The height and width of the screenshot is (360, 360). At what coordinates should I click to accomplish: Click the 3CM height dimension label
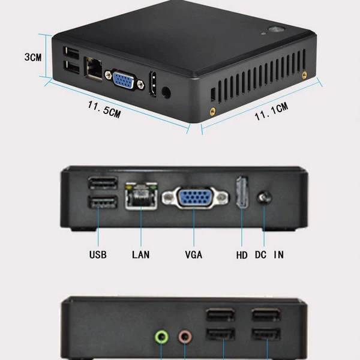point(33,57)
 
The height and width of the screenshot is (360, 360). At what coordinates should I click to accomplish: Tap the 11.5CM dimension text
point(104,110)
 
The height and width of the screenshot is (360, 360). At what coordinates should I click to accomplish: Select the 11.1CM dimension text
point(271,112)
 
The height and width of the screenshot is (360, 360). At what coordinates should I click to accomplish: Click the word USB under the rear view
point(98,254)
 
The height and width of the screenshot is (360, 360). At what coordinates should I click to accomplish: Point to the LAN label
point(141,254)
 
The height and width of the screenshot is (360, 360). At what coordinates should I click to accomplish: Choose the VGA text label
point(194,254)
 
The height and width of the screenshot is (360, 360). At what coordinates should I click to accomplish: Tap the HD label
point(242,255)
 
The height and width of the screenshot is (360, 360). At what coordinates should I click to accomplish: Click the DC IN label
point(269,254)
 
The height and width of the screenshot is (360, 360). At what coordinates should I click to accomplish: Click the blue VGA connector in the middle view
point(195,197)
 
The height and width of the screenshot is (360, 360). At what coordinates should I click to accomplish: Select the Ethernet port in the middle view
point(141,196)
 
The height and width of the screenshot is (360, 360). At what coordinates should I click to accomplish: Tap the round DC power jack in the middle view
point(264,198)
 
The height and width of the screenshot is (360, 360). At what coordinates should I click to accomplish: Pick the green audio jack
point(161,337)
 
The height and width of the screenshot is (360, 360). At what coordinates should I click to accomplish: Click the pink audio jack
point(185,337)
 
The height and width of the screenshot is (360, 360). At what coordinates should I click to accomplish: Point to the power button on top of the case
point(277,29)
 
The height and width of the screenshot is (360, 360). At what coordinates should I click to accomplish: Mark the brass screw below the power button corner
point(304,75)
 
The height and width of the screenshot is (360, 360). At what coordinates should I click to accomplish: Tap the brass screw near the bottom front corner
point(213,112)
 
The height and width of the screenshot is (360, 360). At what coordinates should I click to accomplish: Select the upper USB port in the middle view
point(103,183)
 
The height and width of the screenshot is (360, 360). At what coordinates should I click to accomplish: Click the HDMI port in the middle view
point(242,192)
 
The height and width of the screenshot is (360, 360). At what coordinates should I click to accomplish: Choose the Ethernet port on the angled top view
point(93,68)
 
